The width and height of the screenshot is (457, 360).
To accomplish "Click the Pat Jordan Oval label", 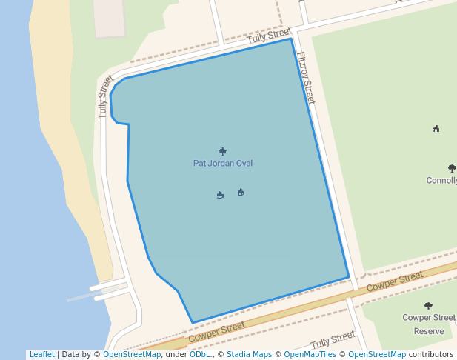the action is click(223, 163).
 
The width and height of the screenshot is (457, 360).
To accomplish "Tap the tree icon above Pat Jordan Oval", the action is click(223, 151).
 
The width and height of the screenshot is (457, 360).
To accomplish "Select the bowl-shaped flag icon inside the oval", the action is click(220, 195).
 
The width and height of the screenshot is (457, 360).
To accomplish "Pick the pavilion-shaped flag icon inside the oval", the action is click(241, 193).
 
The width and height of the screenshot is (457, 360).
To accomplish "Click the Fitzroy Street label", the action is click(306, 77).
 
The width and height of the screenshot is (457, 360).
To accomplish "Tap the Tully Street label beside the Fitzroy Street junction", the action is click(270, 36).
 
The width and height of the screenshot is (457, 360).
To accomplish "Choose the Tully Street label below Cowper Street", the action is click(333, 340).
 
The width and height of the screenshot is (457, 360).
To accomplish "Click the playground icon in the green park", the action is click(436, 129).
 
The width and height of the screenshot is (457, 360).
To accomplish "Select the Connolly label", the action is click(441, 181).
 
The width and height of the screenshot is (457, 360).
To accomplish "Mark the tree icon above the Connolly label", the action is click(452, 169).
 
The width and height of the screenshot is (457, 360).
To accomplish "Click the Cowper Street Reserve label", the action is click(429, 324).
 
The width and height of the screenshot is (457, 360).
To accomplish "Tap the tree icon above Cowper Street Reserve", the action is click(428, 306).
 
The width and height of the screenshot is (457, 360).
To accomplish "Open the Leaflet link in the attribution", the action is click(41, 355).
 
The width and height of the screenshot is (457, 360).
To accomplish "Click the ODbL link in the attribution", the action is click(199, 355).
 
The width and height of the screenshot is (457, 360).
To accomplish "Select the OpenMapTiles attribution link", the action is click(310, 355).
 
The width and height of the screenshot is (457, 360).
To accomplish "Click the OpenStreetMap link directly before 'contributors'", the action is click(377, 355).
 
